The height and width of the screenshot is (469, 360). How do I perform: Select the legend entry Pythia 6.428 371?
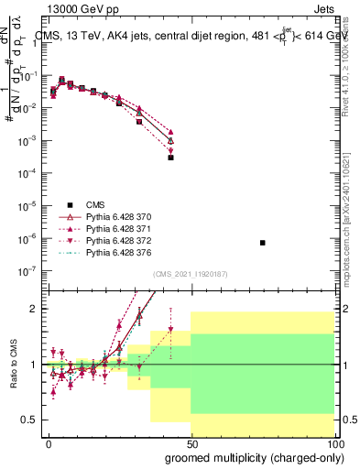click(x=115, y=228)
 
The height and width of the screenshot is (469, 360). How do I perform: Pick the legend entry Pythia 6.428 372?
click(x=115, y=240)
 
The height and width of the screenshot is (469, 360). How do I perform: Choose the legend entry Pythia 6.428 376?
click(x=115, y=252)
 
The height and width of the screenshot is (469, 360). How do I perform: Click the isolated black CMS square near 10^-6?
click(x=263, y=243)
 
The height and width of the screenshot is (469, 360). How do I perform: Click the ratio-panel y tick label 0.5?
click(x=30, y=420)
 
